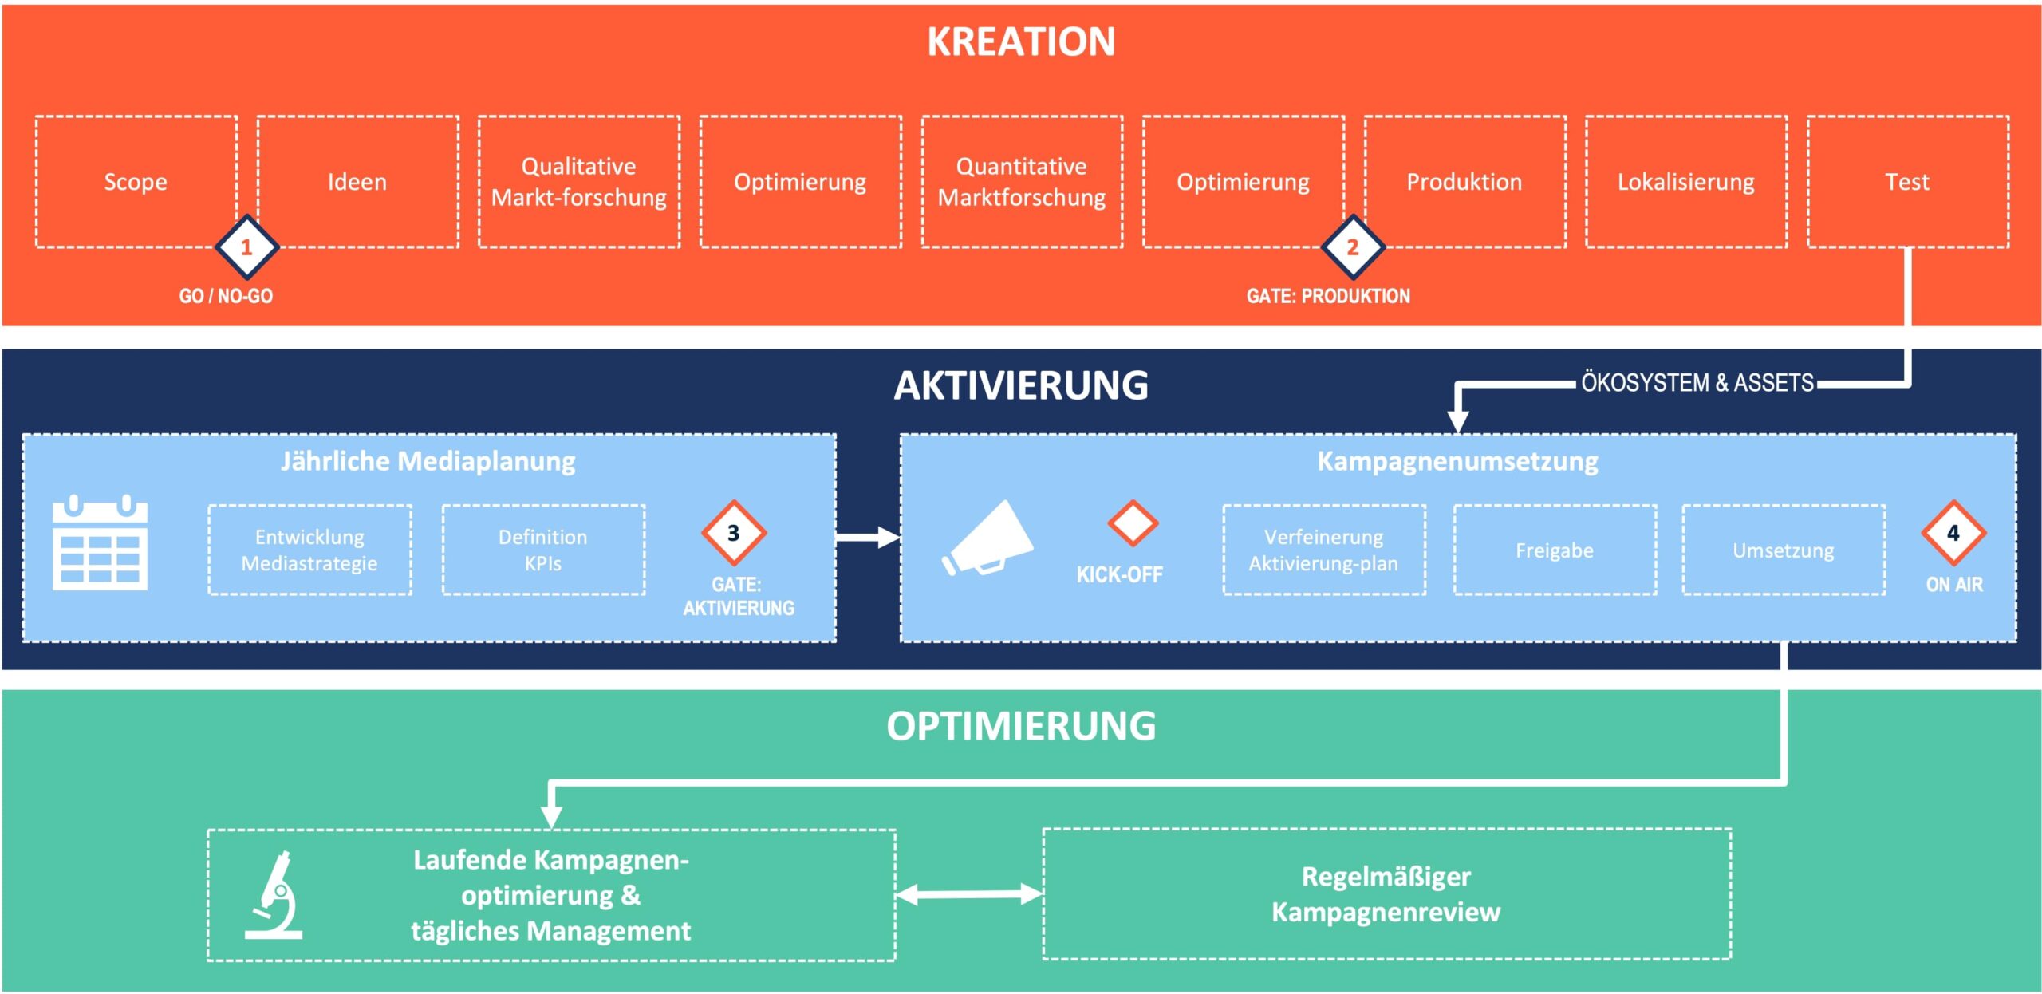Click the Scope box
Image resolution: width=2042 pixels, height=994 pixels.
136,181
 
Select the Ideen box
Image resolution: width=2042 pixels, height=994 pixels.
357,181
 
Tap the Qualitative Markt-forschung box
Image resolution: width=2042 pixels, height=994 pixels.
579,181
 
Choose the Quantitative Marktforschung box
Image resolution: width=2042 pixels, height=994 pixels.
1022,181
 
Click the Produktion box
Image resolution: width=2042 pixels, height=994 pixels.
1464,181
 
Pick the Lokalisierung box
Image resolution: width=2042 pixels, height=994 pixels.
1686,181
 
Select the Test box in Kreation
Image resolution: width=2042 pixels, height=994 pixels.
1907,181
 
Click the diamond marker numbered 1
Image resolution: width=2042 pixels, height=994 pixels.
246,247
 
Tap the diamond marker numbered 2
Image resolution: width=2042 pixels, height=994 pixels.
1353,247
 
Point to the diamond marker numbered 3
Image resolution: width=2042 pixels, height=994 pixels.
734,532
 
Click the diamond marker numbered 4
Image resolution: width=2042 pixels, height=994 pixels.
1953,532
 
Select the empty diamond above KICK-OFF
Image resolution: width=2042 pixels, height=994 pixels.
1133,523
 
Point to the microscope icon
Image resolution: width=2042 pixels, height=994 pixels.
274,895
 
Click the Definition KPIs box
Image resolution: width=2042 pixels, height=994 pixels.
543,550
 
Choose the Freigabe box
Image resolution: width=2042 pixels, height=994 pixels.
1555,550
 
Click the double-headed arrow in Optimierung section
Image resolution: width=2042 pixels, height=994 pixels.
969,894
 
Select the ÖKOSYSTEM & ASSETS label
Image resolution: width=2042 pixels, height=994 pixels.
1697,383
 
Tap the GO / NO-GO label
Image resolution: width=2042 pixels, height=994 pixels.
226,296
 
